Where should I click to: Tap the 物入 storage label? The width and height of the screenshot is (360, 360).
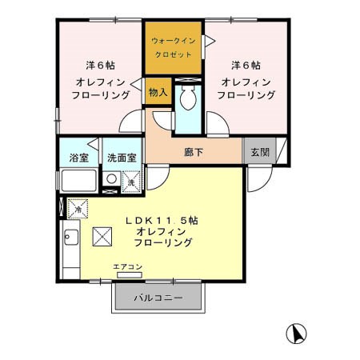[158, 92]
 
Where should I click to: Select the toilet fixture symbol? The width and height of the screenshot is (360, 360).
[188, 99]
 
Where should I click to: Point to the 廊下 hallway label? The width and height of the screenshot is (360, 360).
[194, 152]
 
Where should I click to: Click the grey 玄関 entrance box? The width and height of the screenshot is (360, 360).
[258, 152]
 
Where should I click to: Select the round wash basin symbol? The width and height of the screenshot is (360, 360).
[110, 181]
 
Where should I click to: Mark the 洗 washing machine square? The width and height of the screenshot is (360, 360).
[132, 182]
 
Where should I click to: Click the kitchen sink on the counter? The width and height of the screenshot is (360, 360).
[70, 238]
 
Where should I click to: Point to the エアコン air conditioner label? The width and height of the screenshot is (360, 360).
[127, 266]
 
